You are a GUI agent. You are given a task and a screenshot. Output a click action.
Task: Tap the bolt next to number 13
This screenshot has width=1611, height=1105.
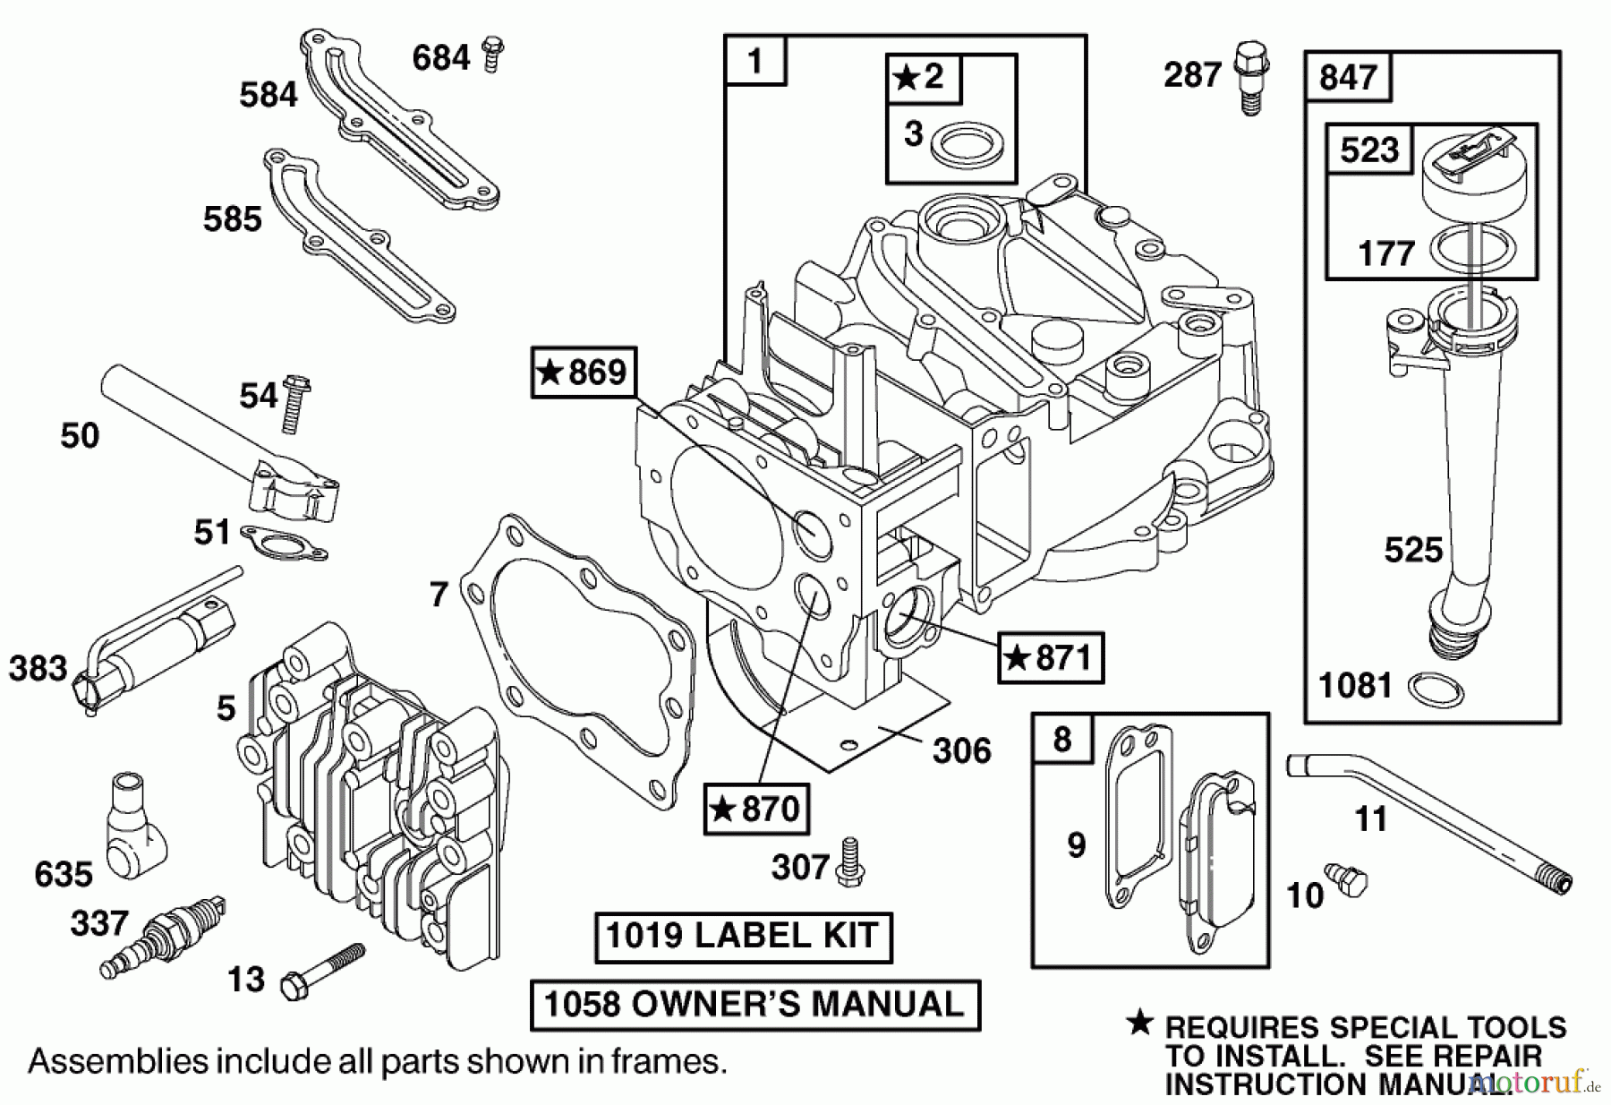point(322,971)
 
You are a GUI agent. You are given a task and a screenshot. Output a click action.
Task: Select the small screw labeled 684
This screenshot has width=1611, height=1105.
point(490,54)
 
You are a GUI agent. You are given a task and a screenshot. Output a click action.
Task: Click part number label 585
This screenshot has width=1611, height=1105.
point(232,219)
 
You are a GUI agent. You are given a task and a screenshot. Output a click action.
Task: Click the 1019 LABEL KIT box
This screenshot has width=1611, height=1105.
point(743,937)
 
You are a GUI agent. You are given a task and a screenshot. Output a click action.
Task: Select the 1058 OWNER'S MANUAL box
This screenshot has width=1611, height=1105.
point(754,1005)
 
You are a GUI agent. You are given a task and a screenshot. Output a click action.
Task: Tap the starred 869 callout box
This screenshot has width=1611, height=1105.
point(584,372)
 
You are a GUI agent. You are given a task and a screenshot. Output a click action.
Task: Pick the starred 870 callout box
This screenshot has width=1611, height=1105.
point(756,809)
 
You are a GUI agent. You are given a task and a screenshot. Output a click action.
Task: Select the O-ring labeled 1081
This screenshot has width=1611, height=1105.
point(1436,690)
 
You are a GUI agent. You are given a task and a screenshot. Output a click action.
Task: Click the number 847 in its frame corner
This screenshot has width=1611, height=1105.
point(1348,77)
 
